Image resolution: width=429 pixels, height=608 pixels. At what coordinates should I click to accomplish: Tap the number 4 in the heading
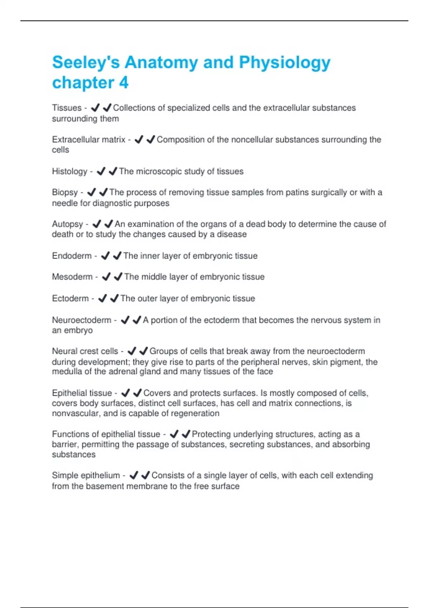click(124, 83)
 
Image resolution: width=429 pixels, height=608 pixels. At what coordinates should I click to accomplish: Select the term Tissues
click(67, 108)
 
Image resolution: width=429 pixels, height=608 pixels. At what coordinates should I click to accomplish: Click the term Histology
click(70, 171)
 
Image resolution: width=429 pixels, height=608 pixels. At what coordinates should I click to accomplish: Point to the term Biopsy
click(65, 192)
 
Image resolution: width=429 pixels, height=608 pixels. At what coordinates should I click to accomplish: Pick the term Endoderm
click(72, 256)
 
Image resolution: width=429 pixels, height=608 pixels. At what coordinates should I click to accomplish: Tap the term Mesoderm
click(72, 277)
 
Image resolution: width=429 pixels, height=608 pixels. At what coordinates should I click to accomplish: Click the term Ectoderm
click(70, 298)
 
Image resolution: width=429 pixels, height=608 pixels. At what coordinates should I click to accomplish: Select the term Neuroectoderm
click(82, 320)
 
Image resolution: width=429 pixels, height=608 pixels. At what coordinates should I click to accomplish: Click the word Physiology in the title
click(285, 63)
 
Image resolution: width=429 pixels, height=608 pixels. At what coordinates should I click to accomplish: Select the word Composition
click(180, 139)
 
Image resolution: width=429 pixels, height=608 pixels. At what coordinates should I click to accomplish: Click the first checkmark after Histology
click(101, 171)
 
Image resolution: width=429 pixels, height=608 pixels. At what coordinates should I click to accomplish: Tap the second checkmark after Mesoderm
click(118, 277)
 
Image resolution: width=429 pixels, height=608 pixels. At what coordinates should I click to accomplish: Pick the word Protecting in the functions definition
click(211, 434)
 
